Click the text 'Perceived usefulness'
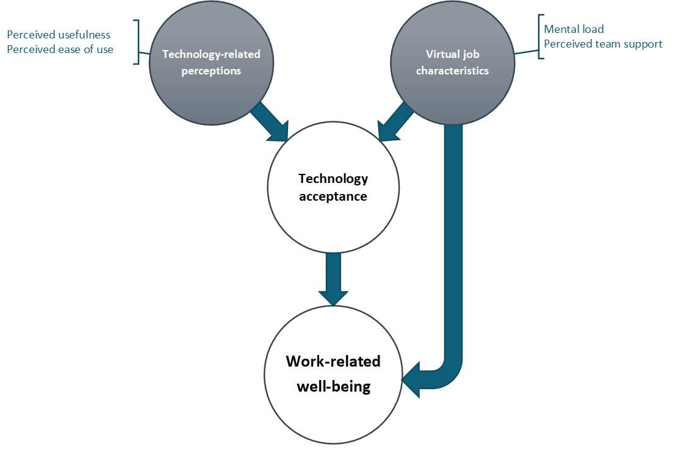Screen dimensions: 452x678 (59, 35)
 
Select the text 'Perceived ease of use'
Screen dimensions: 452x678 (60, 49)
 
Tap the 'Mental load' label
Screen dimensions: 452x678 (574, 29)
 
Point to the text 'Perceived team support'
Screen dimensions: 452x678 (603, 44)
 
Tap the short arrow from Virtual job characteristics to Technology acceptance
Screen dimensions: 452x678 (395, 122)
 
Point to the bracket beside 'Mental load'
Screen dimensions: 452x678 (540, 37)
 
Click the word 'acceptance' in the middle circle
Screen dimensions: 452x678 (333, 196)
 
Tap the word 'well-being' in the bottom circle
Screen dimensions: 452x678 (333, 386)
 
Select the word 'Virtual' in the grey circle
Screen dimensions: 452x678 (434, 54)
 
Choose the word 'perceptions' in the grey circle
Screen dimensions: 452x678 (211, 71)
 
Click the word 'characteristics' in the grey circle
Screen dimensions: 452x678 (452, 71)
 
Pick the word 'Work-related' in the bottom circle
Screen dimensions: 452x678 (333, 361)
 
